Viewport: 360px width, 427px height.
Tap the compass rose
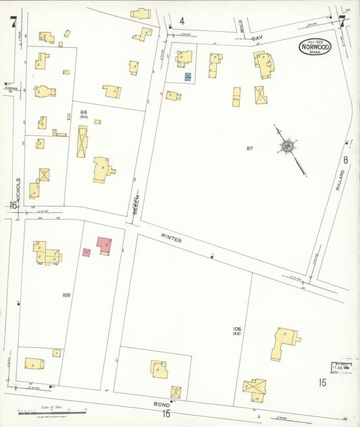(288, 146)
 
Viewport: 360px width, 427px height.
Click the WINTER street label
(172, 238)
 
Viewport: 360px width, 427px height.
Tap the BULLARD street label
(341, 180)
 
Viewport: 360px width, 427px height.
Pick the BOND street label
(161, 404)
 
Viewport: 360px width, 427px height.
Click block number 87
(249, 148)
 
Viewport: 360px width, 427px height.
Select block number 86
(84, 112)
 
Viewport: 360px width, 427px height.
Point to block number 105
(66, 295)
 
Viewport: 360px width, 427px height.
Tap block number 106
(237, 329)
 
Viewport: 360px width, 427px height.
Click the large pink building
(104, 244)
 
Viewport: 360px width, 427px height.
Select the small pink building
(86, 252)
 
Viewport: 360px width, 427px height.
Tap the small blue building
(188, 76)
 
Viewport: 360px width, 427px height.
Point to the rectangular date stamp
(343, 367)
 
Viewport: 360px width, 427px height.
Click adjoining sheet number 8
(345, 160)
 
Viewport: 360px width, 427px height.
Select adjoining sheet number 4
(182, 21)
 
